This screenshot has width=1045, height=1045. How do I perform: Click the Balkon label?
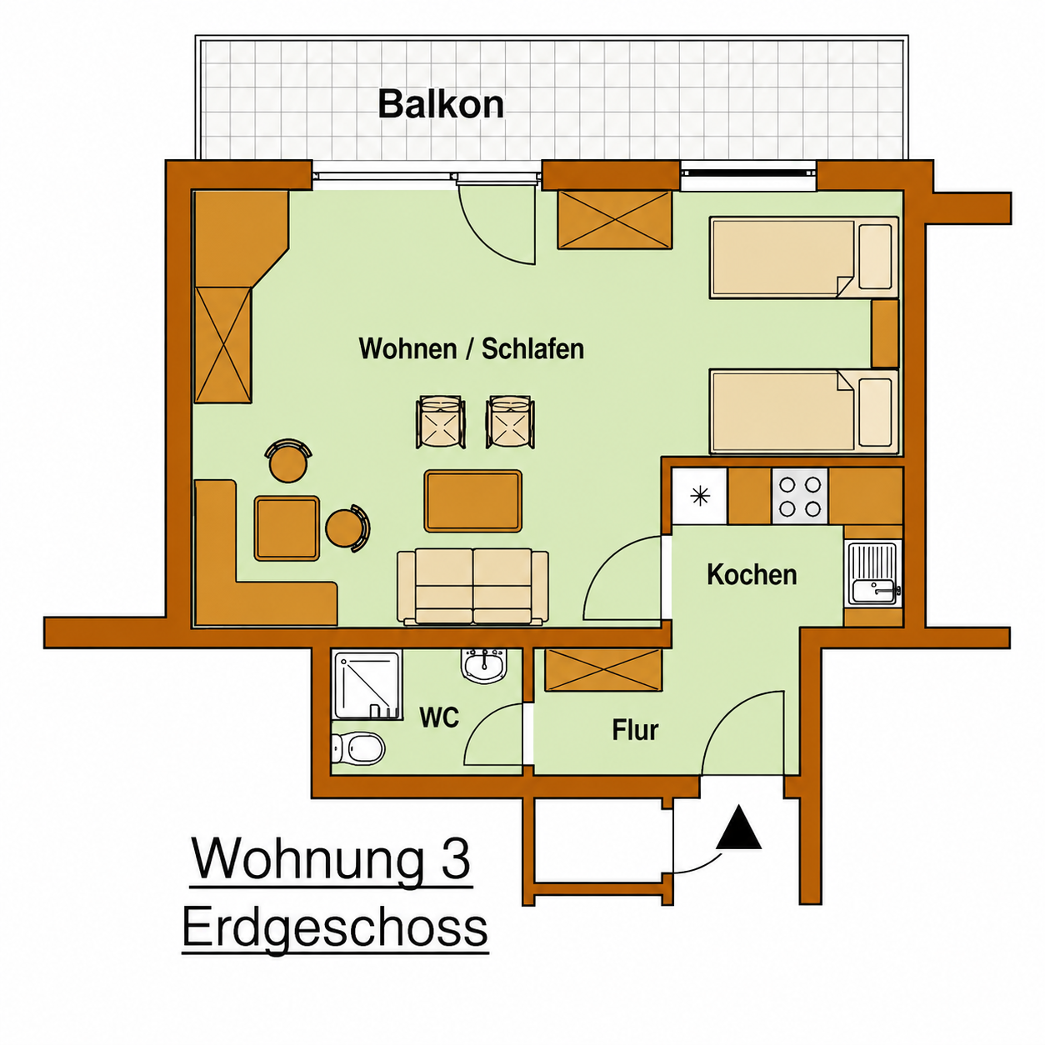click(x=440, y=104)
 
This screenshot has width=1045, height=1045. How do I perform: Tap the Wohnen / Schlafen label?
click(x=472, y=348)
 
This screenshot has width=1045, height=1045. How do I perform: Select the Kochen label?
click(x=752, y=575)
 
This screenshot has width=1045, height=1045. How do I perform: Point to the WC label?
click(x=439, y=718)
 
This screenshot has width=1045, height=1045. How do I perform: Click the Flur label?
click(x=635, y=730)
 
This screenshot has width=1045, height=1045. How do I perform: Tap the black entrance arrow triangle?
click(x=738, y=827)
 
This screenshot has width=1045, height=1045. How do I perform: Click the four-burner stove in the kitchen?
click(x=800, y=496)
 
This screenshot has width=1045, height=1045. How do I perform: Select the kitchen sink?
click(x=873, y=573)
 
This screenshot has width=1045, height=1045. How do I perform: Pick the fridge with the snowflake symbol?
click(x=699, y=496)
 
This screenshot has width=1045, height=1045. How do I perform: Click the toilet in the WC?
click(x=357, y=749)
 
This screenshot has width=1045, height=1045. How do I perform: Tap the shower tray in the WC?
click(x=367, y=686)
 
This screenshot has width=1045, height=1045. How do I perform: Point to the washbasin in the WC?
click(x=484, y=665)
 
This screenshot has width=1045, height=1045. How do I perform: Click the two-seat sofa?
click(x=472, y=586)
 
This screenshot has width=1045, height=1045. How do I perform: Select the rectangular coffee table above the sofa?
click(x=472, y=501)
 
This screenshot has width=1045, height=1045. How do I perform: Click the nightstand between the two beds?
click(x=885, y=333)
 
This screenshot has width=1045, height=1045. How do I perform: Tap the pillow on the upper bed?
click(x=876, y=257)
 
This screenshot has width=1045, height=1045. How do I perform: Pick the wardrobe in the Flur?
click(x=603, y=670)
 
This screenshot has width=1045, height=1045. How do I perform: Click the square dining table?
click(x=287, y=528)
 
